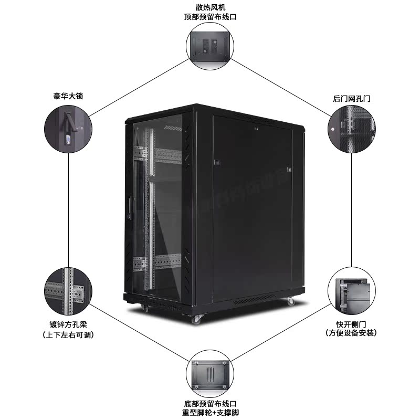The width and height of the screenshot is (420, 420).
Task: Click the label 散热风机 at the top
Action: tap(209, 7)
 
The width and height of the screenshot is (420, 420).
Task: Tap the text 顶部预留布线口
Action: tap(209, 16)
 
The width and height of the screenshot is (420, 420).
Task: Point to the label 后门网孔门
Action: tap(351, 98)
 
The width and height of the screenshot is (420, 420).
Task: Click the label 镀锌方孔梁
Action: tap(68, 324)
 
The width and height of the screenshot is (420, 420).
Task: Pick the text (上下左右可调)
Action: tap(68, 335)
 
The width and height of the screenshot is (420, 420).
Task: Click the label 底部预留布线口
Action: tap(209, 403)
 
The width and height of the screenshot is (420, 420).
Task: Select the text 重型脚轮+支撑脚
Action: tap(209, 413)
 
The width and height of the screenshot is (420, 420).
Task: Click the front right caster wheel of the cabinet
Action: tap(197, 319)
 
